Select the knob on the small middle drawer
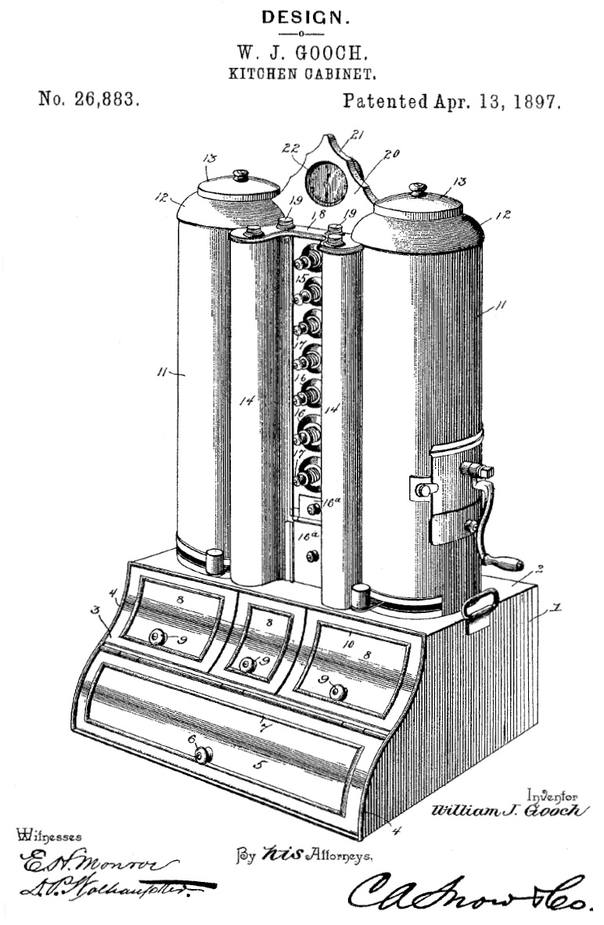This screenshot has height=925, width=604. pos(248,665)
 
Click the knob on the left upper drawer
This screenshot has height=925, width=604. pos(157,638)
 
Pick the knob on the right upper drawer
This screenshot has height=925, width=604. pos(338,691)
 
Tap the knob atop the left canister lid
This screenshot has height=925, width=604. pos(241,176)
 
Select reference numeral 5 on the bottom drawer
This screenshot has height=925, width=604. pos(257,764)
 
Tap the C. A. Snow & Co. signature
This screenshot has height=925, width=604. pos(469,892)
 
